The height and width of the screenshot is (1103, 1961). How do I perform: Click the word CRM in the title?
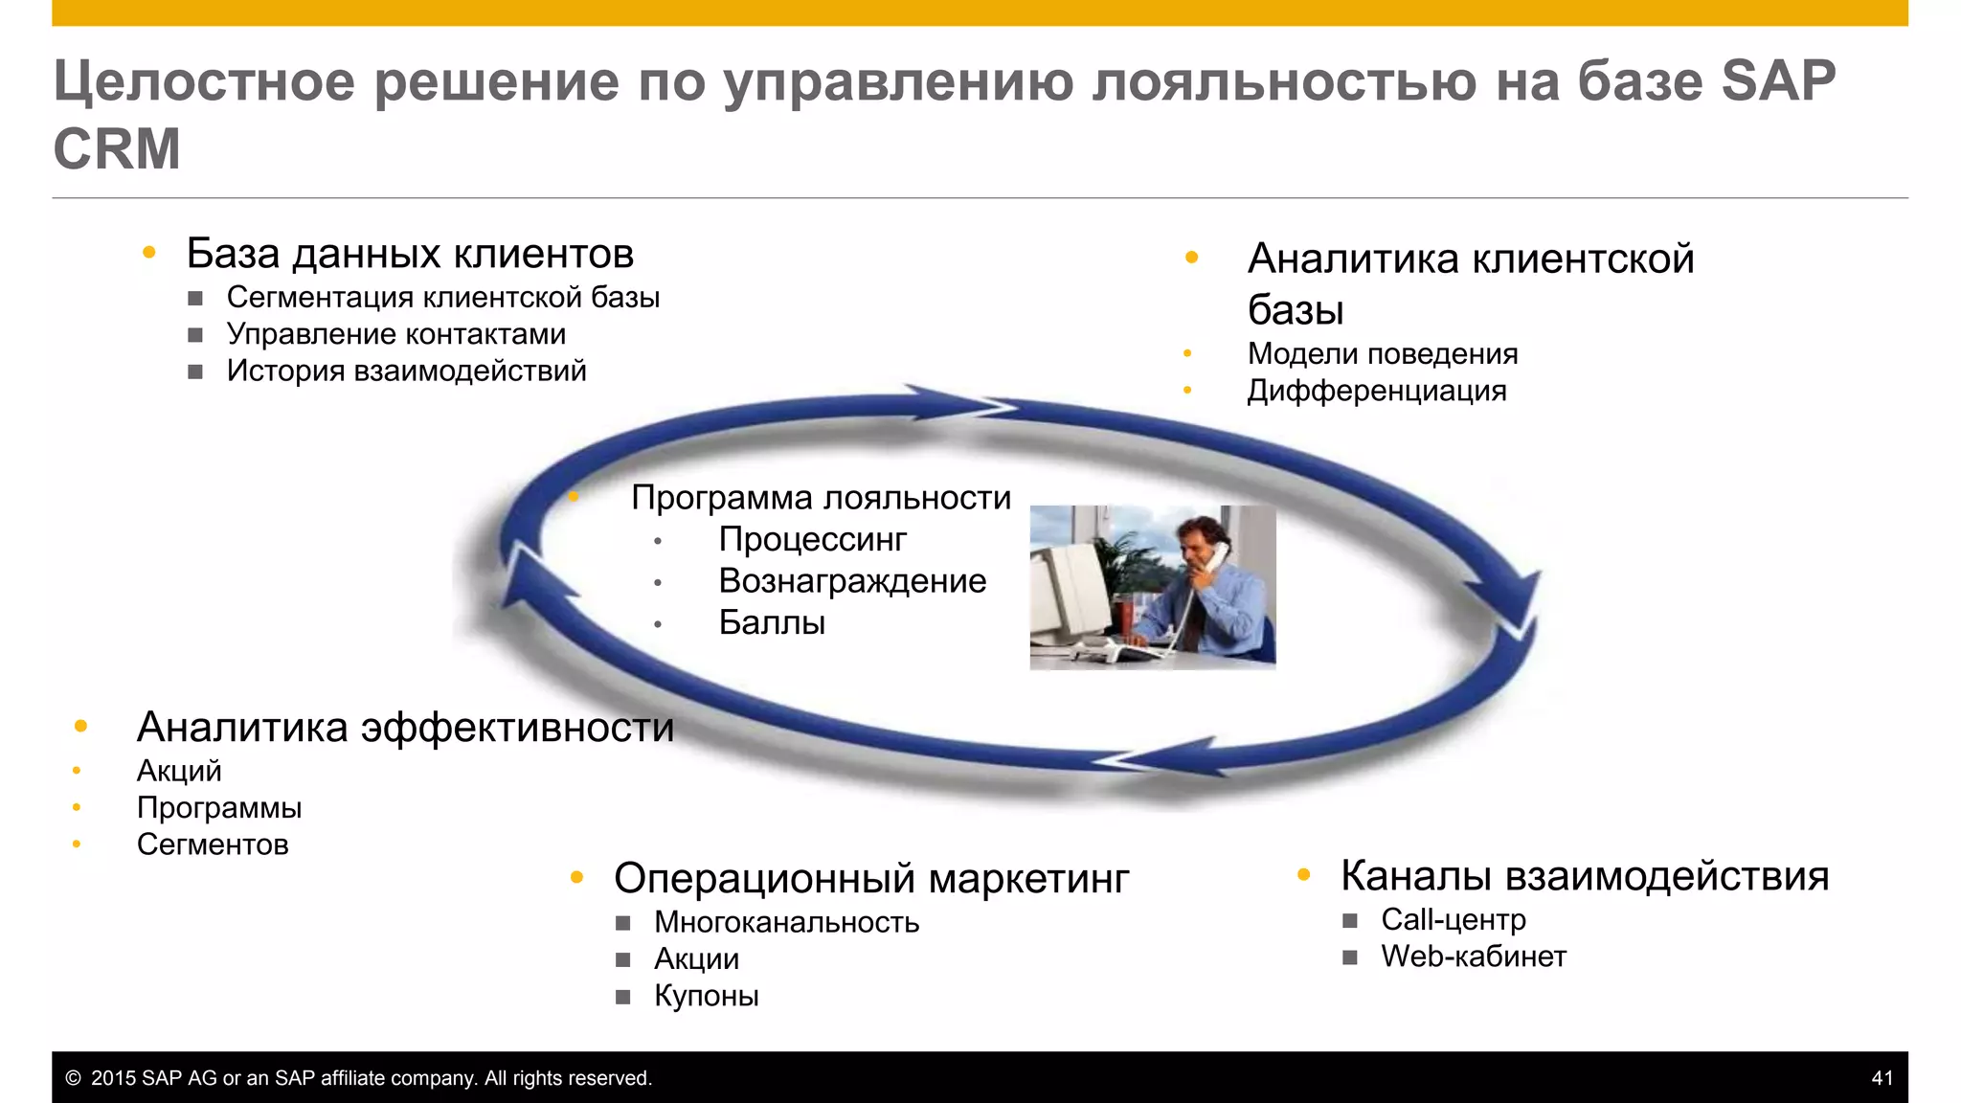coord(116,149)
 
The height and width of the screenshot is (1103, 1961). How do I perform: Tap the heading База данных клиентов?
coord(410,255)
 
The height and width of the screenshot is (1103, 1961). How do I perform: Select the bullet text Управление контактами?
coord(395,334)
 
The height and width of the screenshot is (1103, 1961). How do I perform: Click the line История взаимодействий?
coord(406,371)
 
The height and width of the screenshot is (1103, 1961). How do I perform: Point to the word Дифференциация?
coord(1376,391)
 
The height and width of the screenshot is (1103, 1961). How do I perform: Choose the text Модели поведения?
coord(1382,354)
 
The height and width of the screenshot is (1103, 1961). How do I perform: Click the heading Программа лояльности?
coord(821,498)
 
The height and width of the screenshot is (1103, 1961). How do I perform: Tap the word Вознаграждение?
coord(852,581)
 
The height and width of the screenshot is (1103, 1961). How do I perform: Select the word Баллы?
coord(772,623)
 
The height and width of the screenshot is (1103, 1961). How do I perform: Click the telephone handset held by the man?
coord(1217,555)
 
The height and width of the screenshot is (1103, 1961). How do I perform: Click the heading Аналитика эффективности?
coord(405,728)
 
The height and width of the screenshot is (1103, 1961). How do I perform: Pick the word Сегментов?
coord(213,844)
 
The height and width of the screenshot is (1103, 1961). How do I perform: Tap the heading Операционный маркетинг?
coord(871,879)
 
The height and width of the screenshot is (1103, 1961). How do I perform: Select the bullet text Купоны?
coord(706,996)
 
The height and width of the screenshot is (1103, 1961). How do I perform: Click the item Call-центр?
coord(1453,920)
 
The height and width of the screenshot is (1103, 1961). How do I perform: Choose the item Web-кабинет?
coord(1473,957)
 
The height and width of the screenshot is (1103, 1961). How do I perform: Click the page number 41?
coord(1882,1078)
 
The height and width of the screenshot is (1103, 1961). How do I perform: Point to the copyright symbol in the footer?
coord(73,1078)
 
